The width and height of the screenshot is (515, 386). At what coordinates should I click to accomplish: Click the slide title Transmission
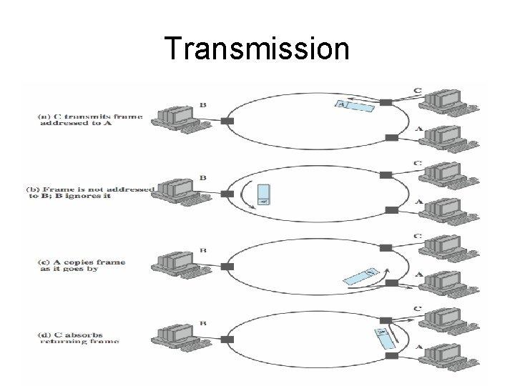257,49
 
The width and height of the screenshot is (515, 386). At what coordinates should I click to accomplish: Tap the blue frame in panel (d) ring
386,337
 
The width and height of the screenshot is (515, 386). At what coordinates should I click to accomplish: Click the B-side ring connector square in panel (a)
227,122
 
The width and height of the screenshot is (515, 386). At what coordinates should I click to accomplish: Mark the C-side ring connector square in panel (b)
386,176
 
